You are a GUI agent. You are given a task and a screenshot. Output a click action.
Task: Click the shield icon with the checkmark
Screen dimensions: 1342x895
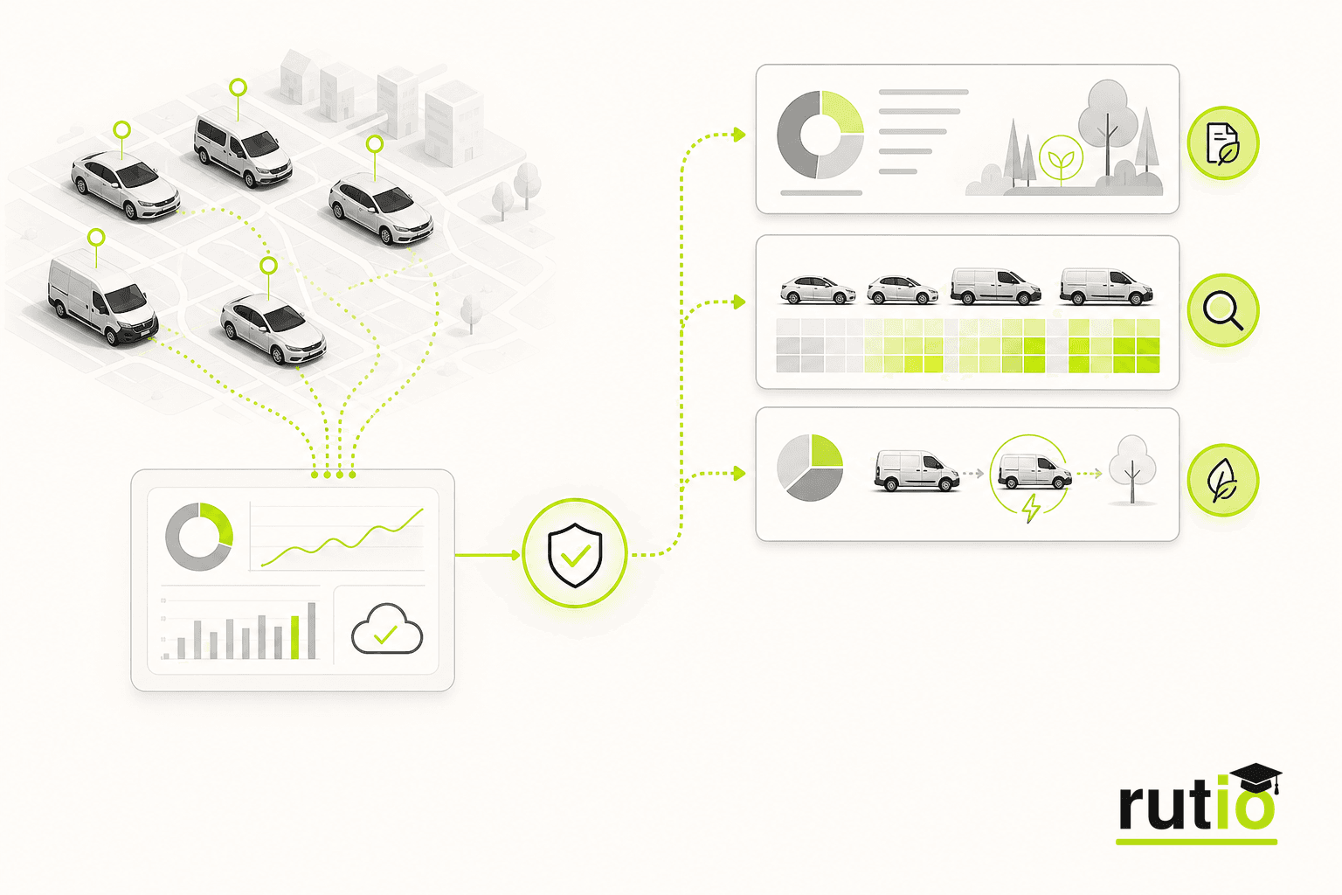point(575,554)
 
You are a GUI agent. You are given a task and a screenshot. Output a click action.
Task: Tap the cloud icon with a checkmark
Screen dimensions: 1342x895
point(387,629)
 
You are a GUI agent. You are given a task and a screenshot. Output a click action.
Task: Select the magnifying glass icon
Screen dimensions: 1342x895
point(1223,310)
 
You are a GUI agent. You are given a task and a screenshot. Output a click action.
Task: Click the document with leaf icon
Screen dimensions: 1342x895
point(1223,143)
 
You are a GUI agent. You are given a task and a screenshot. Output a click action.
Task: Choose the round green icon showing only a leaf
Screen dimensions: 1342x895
point(1223,480)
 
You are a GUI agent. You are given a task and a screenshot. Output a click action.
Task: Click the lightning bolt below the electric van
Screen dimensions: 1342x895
point(1031,509)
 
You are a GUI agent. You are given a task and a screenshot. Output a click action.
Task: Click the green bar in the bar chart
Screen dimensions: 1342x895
point(294,637)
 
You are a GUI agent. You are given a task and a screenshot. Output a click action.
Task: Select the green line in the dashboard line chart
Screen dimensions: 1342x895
point(342,538)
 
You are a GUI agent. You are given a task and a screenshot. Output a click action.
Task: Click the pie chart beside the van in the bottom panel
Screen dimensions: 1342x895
point(810,468)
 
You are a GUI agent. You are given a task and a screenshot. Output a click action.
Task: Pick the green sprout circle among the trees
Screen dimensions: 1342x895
point(1061,157)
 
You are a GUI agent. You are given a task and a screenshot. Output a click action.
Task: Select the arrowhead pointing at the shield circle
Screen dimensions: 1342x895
point(515,555)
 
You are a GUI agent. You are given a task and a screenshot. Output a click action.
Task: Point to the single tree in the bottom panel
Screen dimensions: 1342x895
point(1131,468)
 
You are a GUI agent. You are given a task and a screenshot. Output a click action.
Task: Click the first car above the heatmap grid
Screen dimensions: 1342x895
point(818,290)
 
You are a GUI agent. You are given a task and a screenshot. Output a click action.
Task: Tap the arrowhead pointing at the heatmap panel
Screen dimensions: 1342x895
point(740,302)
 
